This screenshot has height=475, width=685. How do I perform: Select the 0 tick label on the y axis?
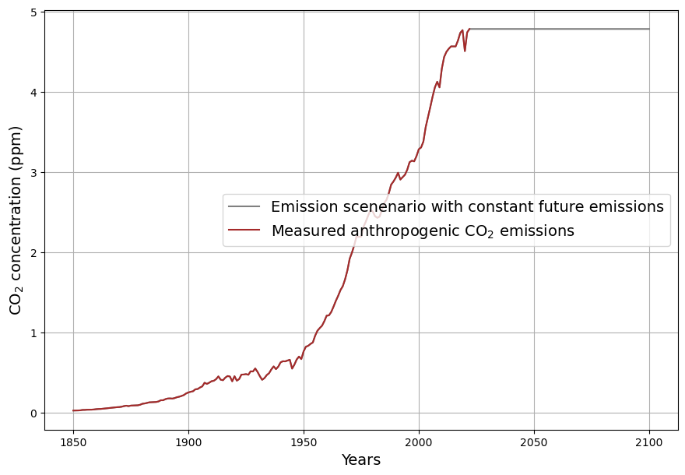tap(34, 413)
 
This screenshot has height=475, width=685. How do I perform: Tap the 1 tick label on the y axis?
tap(34, 333)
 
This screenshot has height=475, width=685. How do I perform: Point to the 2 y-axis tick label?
tap(34, 253)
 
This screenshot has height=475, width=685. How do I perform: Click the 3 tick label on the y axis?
tap(34, 173)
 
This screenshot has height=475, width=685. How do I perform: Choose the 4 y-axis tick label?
tap(34, 93)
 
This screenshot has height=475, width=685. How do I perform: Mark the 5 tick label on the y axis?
tap(34, 12)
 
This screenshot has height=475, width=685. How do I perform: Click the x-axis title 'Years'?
tap(361, 460)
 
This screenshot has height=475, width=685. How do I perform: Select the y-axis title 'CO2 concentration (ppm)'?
tap(16, 220)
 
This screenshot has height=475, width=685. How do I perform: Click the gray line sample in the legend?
tap(244, 207)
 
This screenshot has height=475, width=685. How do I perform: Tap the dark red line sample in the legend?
tap(244, 231)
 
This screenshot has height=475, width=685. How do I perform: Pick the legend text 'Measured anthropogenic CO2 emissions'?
tap(423, 231)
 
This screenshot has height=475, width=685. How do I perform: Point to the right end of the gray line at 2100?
tap(649, 29)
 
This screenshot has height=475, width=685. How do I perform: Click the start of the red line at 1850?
tap(73, 410)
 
